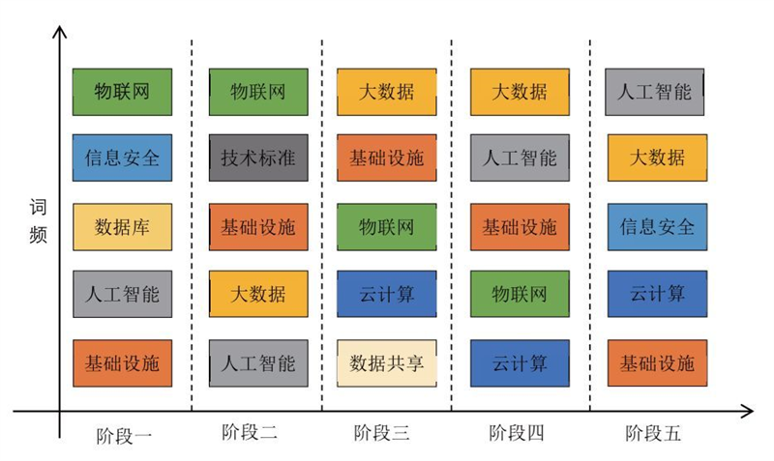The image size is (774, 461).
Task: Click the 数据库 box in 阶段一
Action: pyautogui.click(x=123, y=227)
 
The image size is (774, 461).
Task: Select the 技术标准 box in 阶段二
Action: pyautogui.click(x=258, y=158)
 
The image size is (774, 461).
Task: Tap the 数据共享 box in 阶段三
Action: pyautogui.click(x=387, y=363)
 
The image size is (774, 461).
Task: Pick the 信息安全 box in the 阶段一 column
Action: pyautogui.click(x=123, y=158)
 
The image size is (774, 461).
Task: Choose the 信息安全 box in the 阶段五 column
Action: pyautogui.click(x=658, y=227)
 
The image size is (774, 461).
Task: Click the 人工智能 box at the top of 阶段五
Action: pyautogui.click(x=655, y=92)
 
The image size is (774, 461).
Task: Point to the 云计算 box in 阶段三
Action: pyautogui.click(x=387, y=294)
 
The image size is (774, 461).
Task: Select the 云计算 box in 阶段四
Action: pyautogui.click(x=520, y=363)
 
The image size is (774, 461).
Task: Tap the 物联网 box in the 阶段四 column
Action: pyautogui.click(x=520, y=294)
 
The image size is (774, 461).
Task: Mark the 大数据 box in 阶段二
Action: pyautogui.click(x=258, y=294)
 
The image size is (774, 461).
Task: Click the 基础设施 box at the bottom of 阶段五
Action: pyautogui.click(x=658, y=363)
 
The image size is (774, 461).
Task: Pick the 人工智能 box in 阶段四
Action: pyautogui.click(x=520, y=158)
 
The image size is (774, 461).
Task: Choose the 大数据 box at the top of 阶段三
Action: pyautogui.click(x=387, y=92)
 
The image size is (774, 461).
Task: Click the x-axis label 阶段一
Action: pyautogui.click(x=124, y=436)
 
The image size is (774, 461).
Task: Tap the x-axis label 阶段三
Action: pyautogui.click(x=381, y=433)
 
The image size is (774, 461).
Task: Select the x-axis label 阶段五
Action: pyautogui.click(x=653, y=434)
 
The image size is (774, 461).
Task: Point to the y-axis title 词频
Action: pyautogui.click(x=38, y=221)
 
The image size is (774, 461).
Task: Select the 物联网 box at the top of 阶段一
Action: pyautogui.click(x=123, y=92)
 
